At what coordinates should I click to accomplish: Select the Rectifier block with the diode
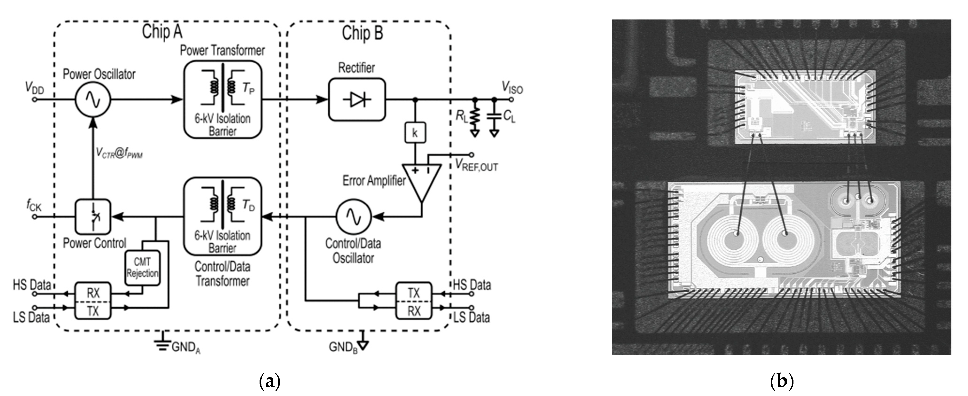(357, 100)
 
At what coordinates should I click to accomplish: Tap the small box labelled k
(415, 133)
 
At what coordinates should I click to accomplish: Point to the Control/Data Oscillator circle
(353, 216)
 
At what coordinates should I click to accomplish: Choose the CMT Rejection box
(142, 268)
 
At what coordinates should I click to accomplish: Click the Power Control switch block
(93, 217)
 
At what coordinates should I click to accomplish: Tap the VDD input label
(35, 88)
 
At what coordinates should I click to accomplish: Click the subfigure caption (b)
(782, 381)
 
